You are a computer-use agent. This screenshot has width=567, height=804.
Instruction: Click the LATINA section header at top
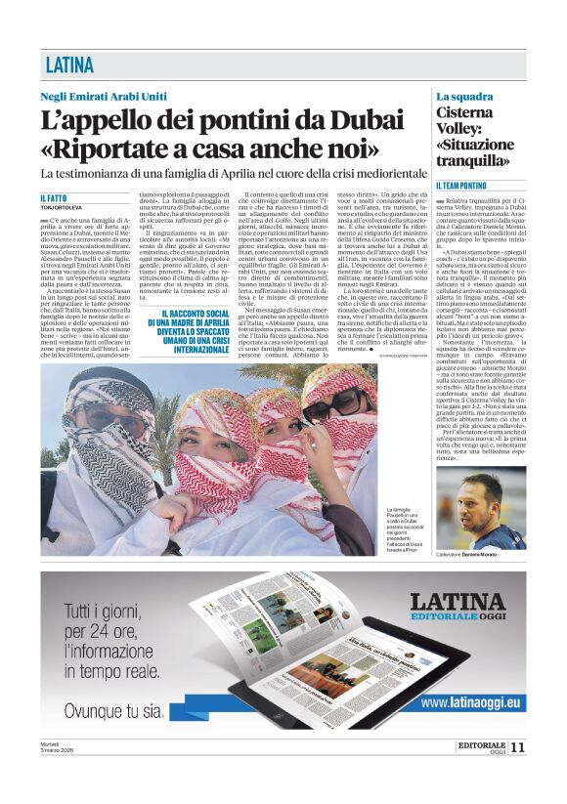point(70,65)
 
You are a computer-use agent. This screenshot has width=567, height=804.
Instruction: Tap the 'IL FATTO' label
point(55,198)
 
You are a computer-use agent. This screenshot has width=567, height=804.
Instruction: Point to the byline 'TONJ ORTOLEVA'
point(63,208)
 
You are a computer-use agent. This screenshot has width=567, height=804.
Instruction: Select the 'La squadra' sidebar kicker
point(464,96)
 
